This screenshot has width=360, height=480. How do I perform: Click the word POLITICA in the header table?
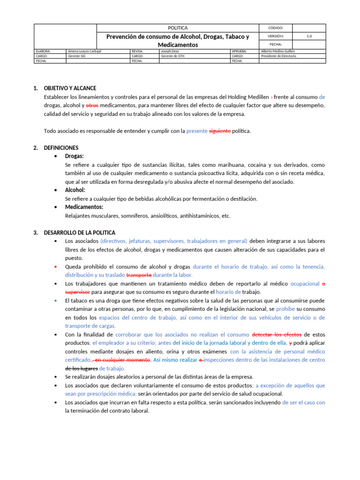point(178,28)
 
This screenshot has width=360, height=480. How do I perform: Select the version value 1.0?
point(309,36)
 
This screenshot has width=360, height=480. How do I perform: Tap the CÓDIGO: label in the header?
point(275,28)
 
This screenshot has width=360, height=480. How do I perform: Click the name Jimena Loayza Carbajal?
point(84,51)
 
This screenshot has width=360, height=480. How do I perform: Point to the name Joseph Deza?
point(169,51)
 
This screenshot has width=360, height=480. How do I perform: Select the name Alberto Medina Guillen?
point(278,51)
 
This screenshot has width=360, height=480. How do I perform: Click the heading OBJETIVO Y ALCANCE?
point(70,88)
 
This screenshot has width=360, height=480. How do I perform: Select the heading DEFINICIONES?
point(61,148)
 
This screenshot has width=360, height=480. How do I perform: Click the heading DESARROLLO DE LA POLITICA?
point(79,232)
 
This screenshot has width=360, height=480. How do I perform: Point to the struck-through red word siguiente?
point(219,131)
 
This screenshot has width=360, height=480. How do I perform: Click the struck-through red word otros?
point(92,105)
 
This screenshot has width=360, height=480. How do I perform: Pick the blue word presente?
point(196,131)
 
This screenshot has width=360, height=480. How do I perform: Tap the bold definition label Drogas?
point(75,156)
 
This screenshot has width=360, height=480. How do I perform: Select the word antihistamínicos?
point(197,216)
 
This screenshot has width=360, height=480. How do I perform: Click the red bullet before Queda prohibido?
point(56,267)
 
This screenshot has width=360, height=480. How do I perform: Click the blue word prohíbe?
point(285,309)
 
